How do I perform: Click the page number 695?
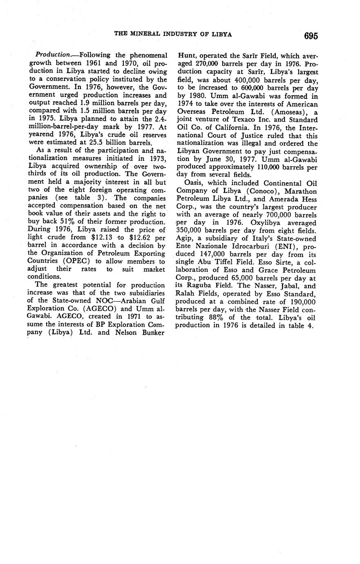[311, 36]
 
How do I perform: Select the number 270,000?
[203, 65]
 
